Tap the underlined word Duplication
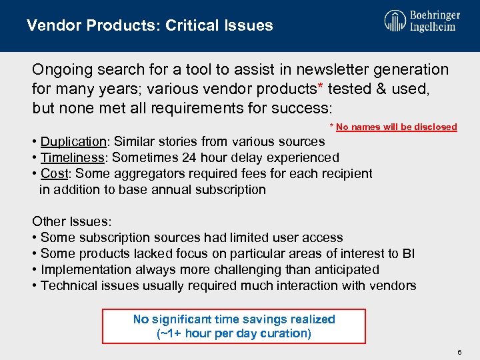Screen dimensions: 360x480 (73, 141)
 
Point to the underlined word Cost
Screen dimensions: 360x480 (54, 173)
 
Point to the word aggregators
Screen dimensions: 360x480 (149, 173)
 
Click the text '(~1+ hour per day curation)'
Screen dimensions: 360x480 (234, 333)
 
